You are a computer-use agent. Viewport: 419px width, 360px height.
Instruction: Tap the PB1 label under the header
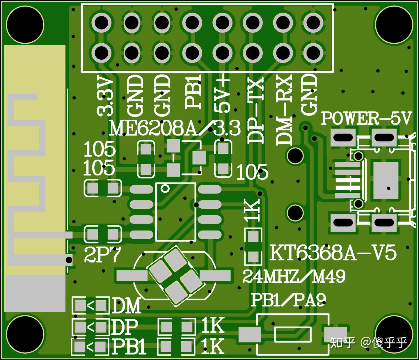[193, 92]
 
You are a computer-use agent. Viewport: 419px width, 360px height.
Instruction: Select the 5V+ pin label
[223, 95]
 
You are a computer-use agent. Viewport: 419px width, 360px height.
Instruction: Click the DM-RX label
[284, 110]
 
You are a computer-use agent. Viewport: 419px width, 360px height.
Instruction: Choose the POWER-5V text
[366, 119]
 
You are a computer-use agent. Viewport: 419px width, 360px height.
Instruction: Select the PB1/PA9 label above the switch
[288, 300]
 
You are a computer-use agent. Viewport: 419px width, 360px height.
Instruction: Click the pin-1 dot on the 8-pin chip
[165, 189]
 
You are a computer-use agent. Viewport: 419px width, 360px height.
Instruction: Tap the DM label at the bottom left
[126, 306]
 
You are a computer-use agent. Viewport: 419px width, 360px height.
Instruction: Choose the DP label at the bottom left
[125, 327]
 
